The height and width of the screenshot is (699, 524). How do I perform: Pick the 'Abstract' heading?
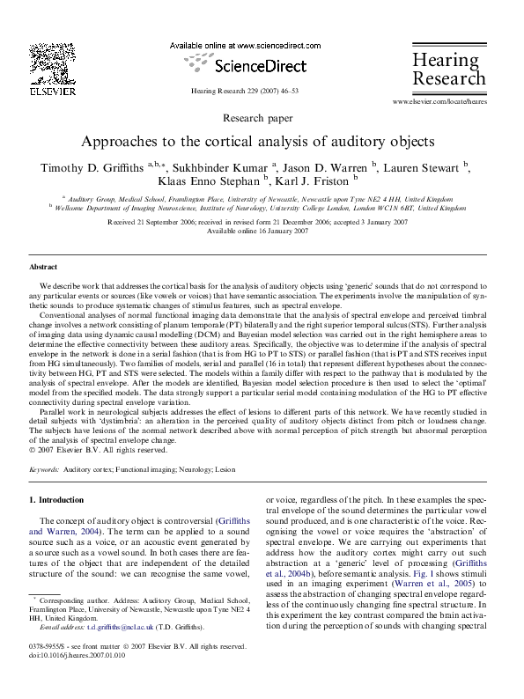pyautogui.click(x=43, y=266)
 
